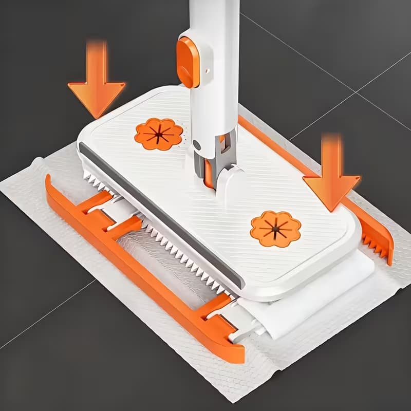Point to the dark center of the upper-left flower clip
click(x=158, y=135)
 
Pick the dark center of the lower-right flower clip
click(x=276, y=228)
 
